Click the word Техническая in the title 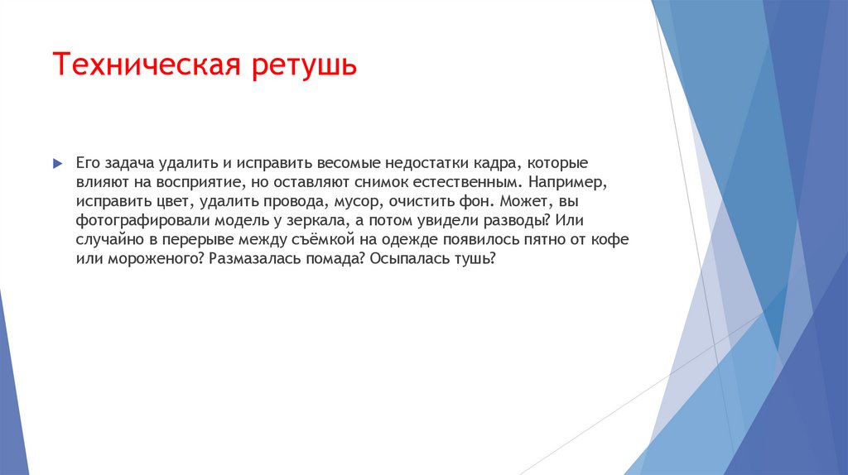click(145, 65)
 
